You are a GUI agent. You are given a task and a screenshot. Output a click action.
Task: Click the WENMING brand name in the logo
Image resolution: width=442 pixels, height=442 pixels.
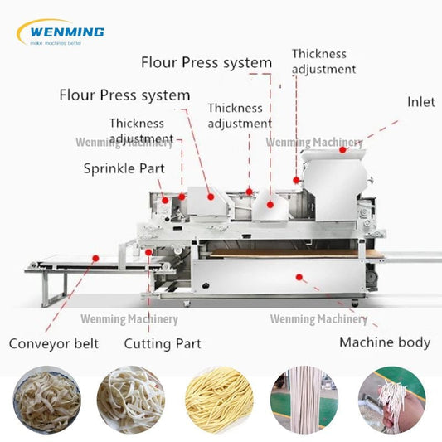(x=66, y=32)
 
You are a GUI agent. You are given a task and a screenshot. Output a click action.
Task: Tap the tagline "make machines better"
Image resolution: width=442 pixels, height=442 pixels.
(x=56, y=42)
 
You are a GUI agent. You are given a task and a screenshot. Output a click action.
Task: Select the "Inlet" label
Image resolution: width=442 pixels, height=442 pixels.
(x=420, y=102)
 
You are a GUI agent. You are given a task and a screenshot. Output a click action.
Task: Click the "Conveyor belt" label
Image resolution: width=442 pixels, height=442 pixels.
(x=54, y=342)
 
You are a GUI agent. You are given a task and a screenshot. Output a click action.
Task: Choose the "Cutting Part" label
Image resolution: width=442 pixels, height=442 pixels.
(x=163, y=342)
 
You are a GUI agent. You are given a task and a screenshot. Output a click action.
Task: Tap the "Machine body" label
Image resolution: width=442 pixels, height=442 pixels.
(x=385, y=341)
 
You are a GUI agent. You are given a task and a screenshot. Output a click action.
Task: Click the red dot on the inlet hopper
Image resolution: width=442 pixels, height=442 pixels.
(x=342, y=150)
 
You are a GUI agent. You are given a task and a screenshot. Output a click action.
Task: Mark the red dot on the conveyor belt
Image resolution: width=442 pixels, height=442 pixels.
(x=95, y=258)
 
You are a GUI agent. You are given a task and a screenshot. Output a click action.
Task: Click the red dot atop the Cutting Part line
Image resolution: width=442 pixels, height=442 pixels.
(x=149, y=252)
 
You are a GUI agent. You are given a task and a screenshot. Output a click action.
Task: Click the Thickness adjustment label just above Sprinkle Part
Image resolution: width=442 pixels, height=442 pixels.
(x=142, y=131)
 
